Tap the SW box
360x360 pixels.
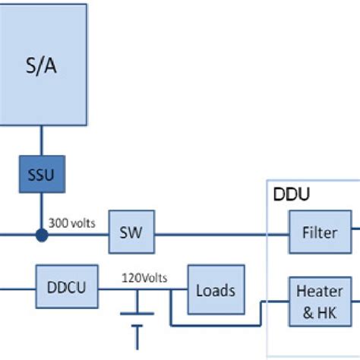coord(131,232)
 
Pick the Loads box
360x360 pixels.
coord(215,289)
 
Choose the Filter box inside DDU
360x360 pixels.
coord(320,232)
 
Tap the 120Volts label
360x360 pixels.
coord(144,277)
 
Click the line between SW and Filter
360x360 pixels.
coord(220,233)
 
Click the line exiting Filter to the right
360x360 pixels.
coord(355,232)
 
